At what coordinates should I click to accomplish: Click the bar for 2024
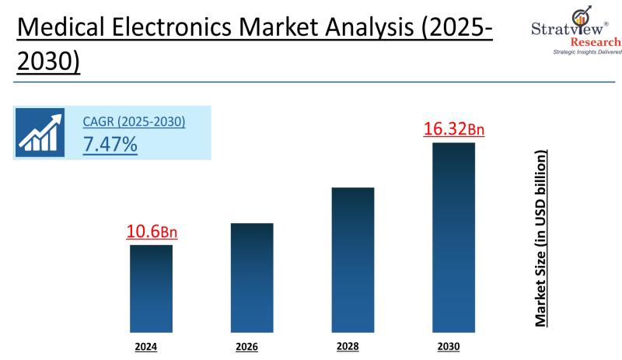pos(151,288)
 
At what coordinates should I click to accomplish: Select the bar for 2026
pos(252,278)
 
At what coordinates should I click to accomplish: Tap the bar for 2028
pos(353,260)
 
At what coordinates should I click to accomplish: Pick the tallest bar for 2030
pos(453,237)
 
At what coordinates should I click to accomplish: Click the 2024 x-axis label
pos(146,346)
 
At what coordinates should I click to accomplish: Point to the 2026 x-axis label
pos(246,346)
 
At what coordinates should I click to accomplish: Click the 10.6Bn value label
pos(152,232)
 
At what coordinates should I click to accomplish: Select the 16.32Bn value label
pos(454,128)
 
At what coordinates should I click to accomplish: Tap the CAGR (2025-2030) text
pos(134,122)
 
